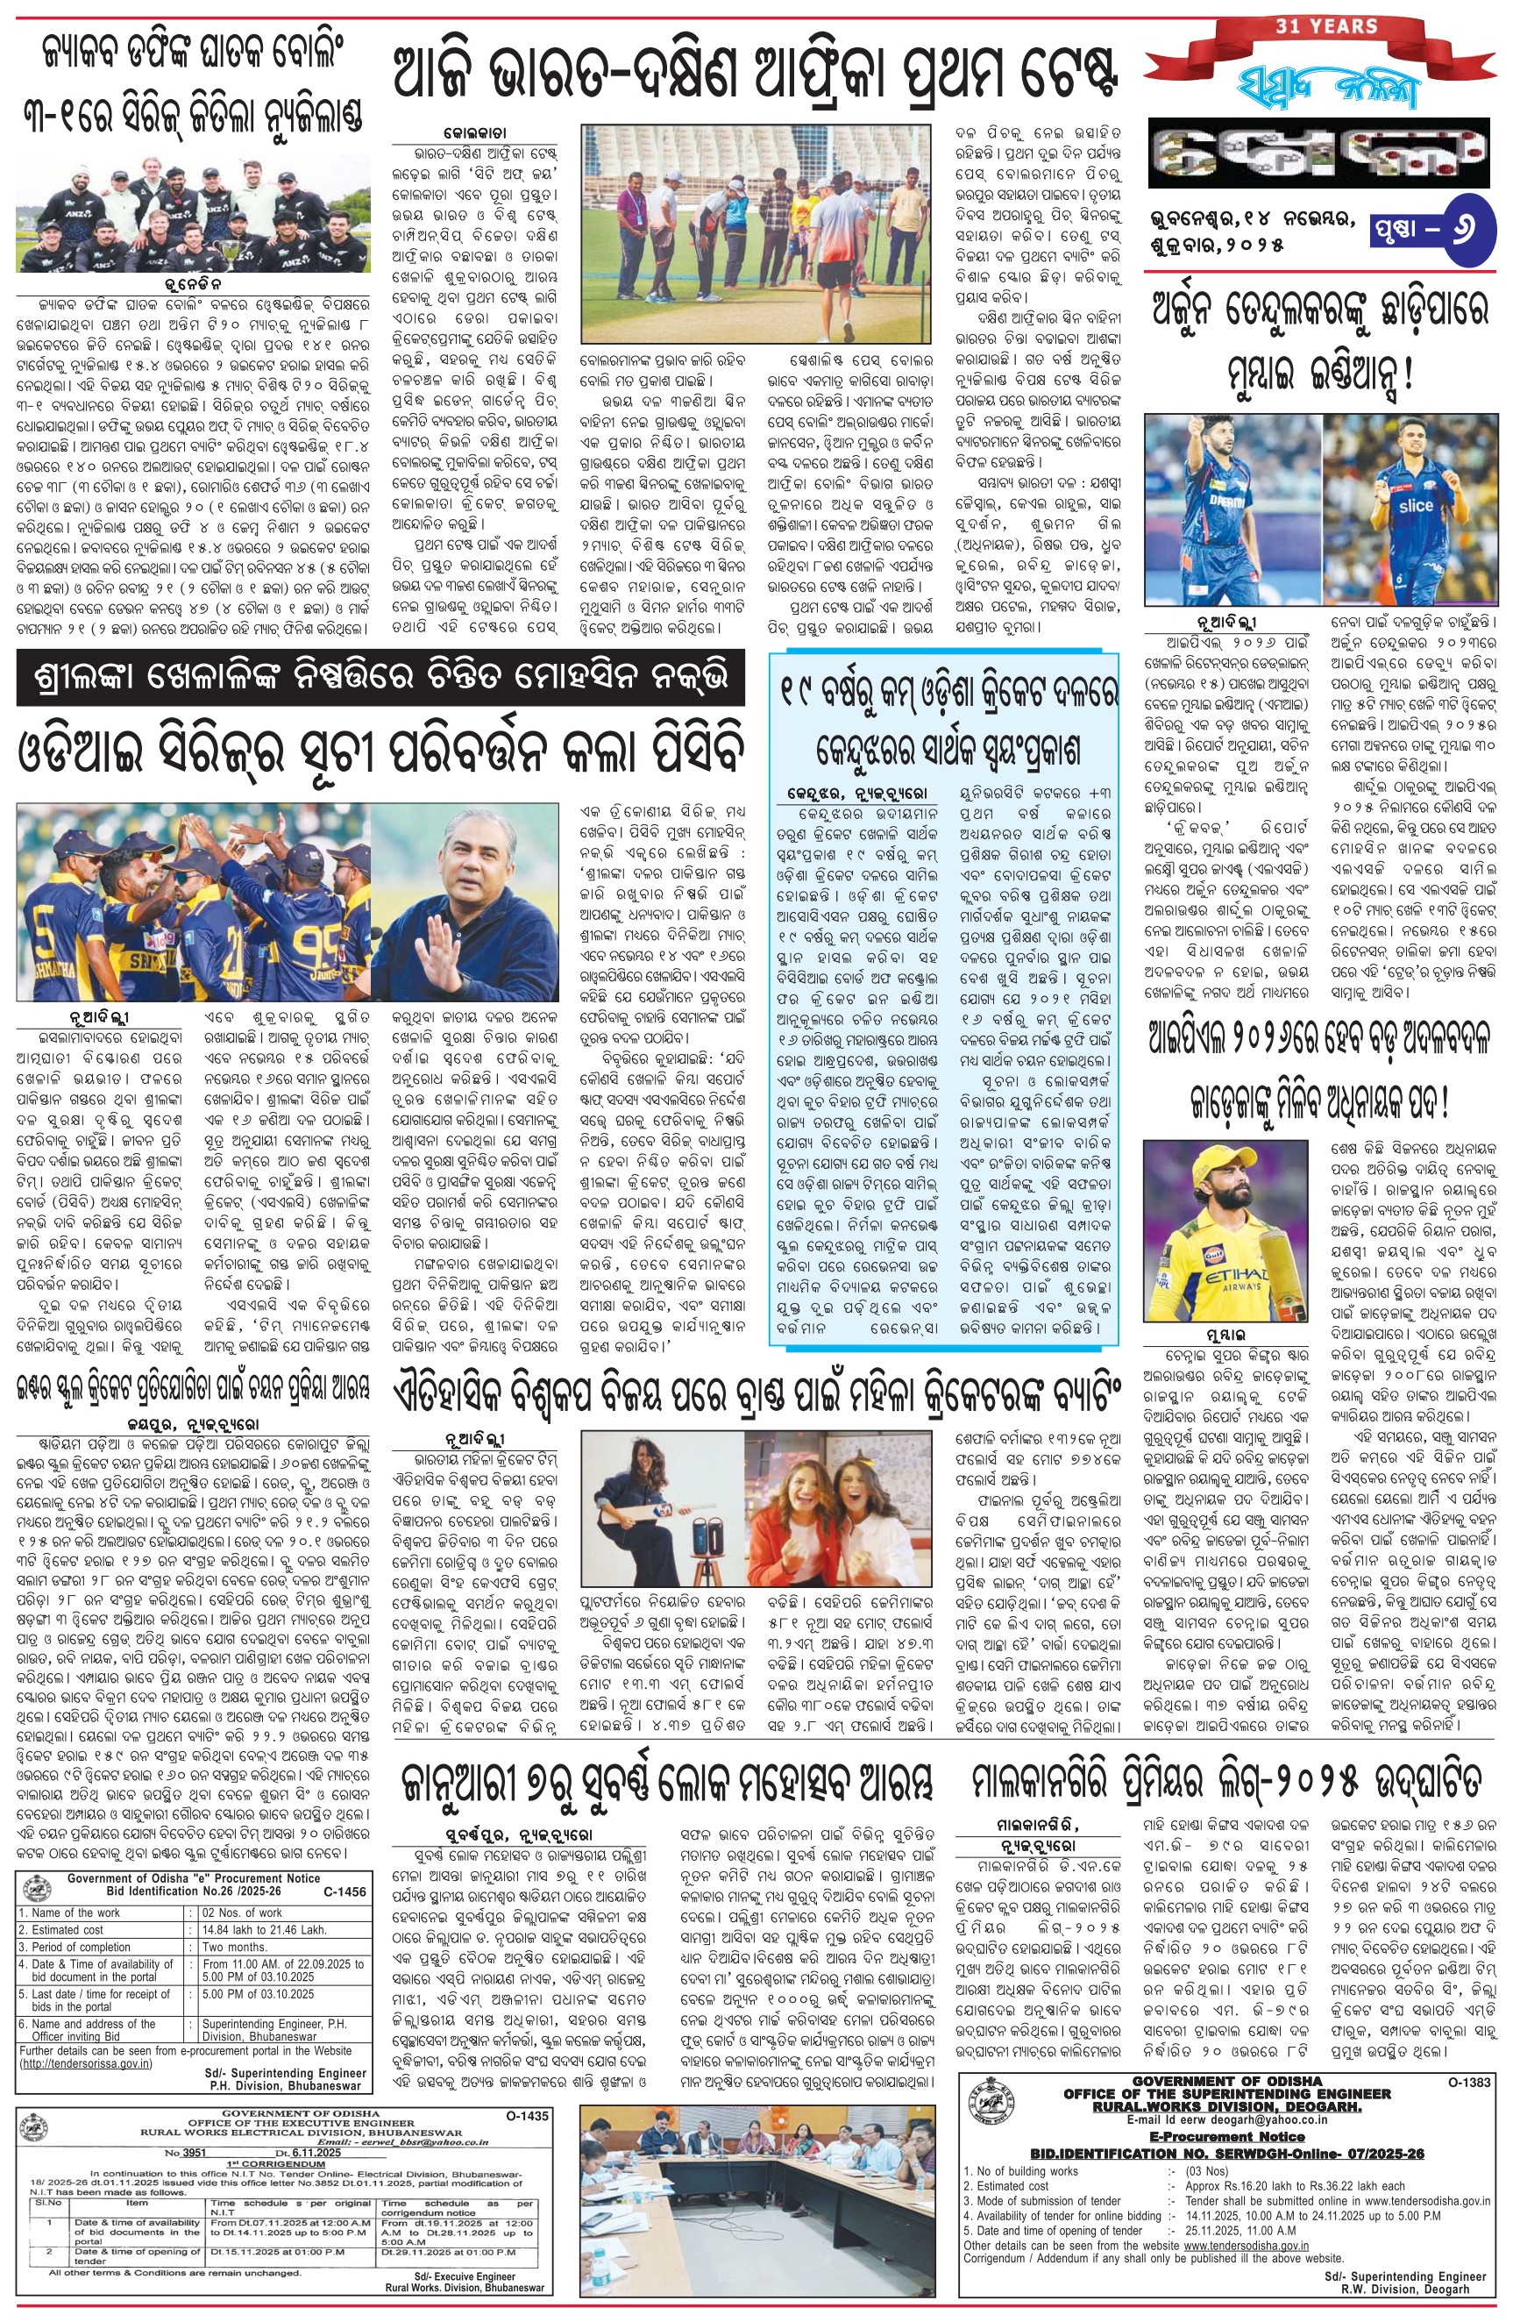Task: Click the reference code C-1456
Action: [x=345, y=1891]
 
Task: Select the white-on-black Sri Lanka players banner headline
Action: [x=380, y=677]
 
